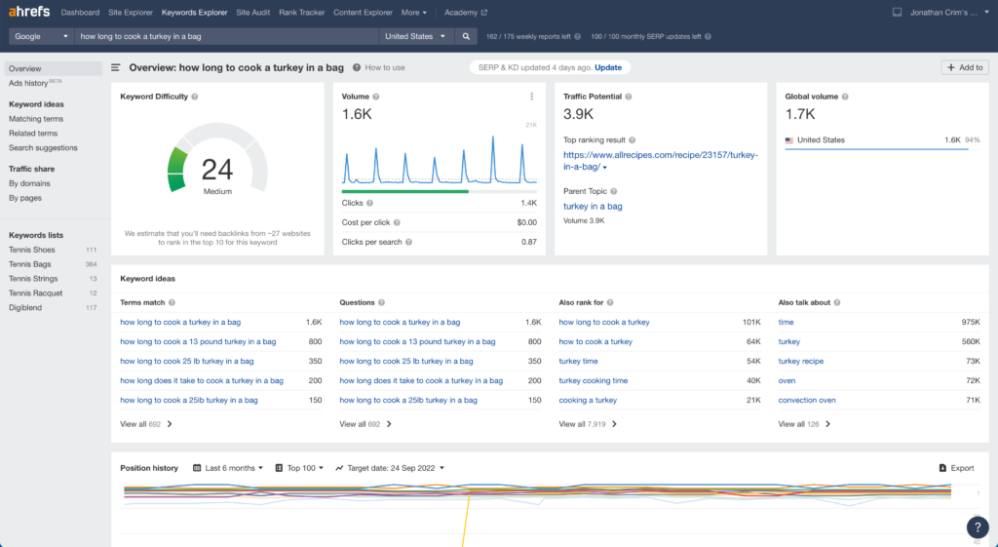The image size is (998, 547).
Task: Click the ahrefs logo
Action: click(29, 12)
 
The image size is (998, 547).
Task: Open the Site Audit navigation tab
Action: click(252, 12)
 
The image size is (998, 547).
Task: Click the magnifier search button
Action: click(466, 36)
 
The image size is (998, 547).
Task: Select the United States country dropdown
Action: click(415, 36)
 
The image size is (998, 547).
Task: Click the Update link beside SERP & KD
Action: click(608, 67)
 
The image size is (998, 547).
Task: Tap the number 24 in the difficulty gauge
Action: click(217, 170)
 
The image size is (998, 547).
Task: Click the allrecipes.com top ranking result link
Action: click(660, 161)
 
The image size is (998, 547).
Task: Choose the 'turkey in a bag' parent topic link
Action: click(593, 207)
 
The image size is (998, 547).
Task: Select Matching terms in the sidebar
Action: click(36, 118)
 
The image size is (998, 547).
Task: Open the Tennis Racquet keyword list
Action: click(36, 293)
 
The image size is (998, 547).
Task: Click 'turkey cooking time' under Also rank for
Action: click(594, 381)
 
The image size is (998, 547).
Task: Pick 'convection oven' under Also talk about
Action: click(806, 400)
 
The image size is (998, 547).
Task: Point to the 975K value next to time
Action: click(971, 322)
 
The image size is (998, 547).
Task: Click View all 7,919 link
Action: click(588, 424)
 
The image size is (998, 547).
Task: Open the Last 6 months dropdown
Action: click(228, 468)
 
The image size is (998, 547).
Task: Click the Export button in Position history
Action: click(957, 468)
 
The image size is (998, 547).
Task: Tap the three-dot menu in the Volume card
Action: click(531, 97)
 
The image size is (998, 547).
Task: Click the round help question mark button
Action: click(978, 527)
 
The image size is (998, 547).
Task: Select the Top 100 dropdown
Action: click(299, 468)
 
